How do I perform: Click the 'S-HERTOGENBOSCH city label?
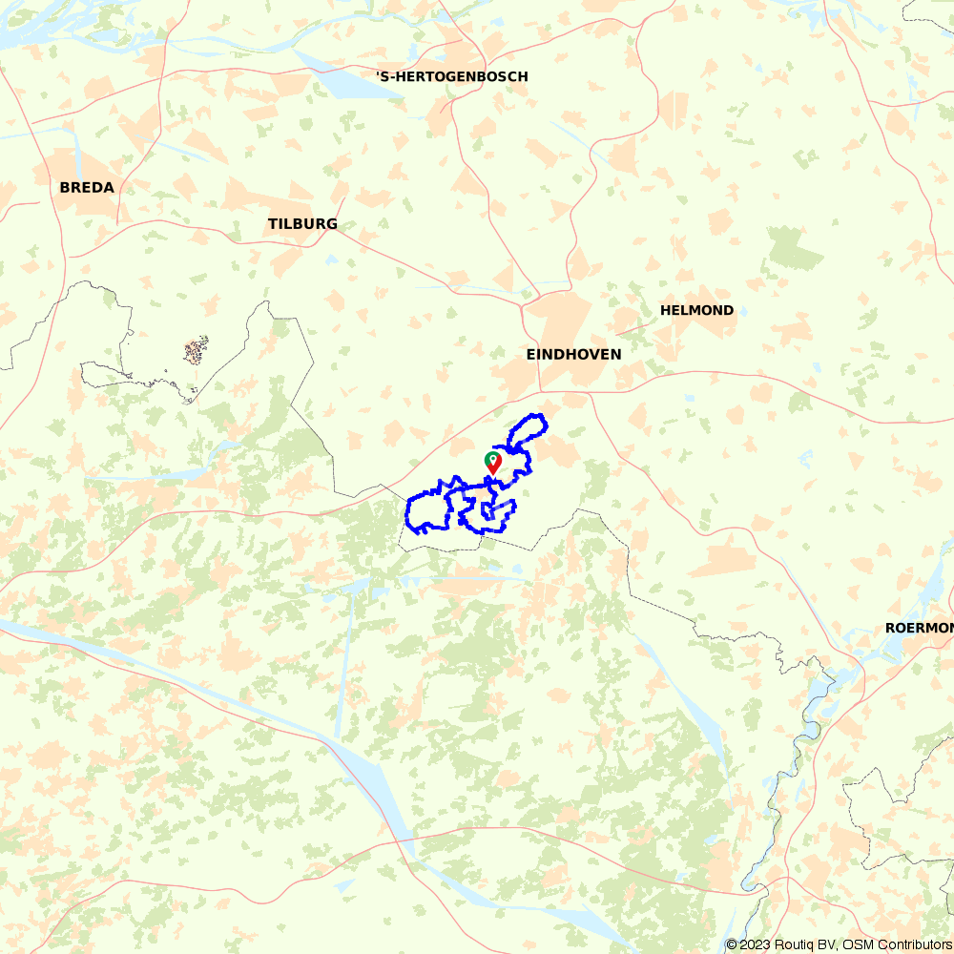[x=451, y=76]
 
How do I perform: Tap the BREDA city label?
[x=87, y=188]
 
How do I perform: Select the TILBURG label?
[x=302, y=224]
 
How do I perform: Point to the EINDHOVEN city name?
[x=573, y=354]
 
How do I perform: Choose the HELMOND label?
[x=696, y=310]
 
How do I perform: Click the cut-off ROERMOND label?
[x=919, y=628]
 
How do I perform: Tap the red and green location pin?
[x=493, y=463]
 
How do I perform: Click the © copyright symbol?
[x=731, y=944]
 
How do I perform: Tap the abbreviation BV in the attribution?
[x=827, y=944]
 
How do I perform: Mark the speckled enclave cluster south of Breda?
[x=196, y=351]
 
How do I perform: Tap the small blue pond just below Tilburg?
[x=330, y=259]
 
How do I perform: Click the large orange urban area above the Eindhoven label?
[x=558, y=320]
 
